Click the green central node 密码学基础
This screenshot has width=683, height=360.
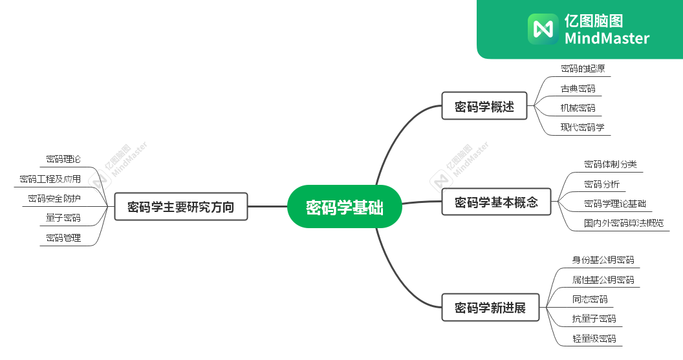tap(344, 207)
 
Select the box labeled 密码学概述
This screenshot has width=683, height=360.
tap(484, 106)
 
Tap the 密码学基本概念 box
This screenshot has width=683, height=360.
tap(495, 202)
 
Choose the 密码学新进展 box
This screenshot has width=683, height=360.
tap(490, 307)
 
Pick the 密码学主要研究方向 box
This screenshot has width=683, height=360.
tap(180, 207)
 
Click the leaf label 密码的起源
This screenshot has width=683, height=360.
tap(582, 69)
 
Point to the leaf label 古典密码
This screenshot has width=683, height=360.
tap(578, 89)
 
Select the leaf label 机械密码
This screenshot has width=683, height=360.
tap(578, 108)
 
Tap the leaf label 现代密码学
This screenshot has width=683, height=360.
tap(582, 127)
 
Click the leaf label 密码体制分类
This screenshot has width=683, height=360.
tap(610, 164)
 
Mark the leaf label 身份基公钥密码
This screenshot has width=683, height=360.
tap(603, 260)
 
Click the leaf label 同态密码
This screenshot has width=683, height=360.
tap(589, 299)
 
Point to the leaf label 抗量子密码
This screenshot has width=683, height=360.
tap(594, 319)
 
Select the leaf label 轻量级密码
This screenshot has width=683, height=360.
tap(594, 338)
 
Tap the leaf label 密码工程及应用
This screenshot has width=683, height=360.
tap(50, 178)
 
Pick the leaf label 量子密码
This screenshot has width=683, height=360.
tap(63, 218)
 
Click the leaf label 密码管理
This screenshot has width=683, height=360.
tap(63, 238)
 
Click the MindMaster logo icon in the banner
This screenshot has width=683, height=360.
tap(543, 28)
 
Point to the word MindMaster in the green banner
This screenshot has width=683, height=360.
tap(607, 38)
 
